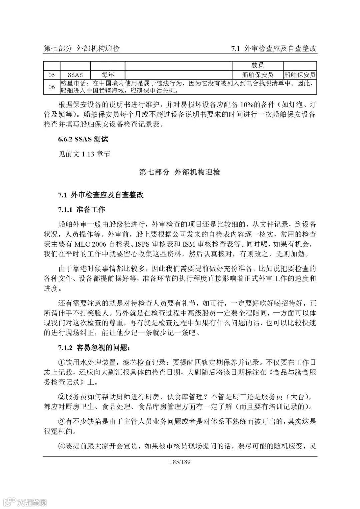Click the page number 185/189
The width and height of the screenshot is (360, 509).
pos(180,462)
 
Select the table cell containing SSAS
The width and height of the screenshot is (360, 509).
pos(75,75)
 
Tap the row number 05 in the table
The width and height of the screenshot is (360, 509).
pos(52,75)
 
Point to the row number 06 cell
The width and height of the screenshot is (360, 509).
pos(52,87)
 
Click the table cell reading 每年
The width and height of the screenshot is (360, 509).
pos(108,75)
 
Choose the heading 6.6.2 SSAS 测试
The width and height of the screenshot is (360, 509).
pos(83,139)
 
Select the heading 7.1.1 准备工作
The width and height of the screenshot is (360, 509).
pos(82,209)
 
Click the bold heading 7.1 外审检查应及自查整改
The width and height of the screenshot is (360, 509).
pos(101,195)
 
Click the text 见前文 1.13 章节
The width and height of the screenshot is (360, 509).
pos(84,154)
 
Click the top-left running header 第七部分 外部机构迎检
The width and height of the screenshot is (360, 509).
pos(82,49)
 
